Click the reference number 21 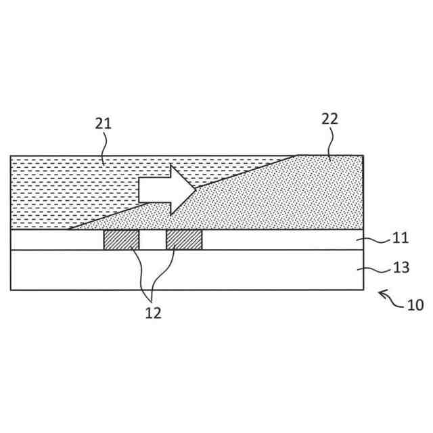coord(103,123)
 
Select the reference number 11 coord(401,237)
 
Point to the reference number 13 coord(401,267)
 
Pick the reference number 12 coord(153,313)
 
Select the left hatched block coord(121,240)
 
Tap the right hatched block coord(184,240)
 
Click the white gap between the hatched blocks coord(152,240)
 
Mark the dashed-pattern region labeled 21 coord(68,189)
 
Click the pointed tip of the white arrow coord(195,190)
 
